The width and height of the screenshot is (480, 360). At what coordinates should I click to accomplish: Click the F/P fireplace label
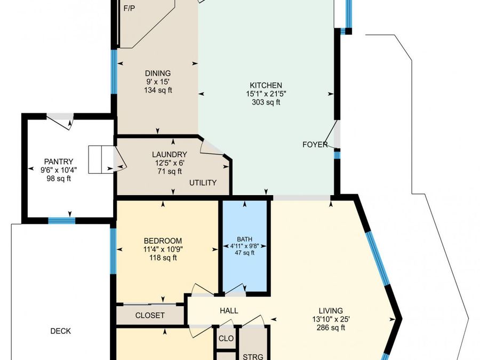click(x=129, y=8)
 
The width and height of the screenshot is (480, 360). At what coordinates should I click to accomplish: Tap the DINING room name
click(x=158, y=74)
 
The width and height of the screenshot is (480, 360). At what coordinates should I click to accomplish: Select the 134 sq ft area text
click(x=158, y=90)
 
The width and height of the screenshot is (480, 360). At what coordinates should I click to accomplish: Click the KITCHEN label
click(x=266, y=85)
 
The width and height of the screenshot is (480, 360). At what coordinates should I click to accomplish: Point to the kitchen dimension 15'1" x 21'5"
click(x=266, y=94)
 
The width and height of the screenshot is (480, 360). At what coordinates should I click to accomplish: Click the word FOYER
click(x=315, y=145)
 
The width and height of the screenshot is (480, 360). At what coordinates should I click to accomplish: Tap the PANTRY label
click(x=59, y=162)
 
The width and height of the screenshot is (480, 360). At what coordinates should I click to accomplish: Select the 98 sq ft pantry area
click(x=59, y=179)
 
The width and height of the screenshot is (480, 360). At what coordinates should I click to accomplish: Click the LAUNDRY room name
click(x=170, y=155)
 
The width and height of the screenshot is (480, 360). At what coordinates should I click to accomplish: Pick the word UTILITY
click(x=203, y=183)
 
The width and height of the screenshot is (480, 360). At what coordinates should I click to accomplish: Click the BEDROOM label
click(x=163, y=241)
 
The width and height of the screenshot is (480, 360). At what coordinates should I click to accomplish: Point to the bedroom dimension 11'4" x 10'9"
click(x=163, y=250)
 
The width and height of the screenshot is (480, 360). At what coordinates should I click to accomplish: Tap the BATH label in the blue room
click(x=245, y=239)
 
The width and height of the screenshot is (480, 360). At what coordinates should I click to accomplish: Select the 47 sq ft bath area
click(x=245, y=253)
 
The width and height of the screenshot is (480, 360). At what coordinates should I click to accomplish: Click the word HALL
click(x=229, y=311)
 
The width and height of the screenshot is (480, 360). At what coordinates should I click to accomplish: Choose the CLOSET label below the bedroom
click(x=150, y=315)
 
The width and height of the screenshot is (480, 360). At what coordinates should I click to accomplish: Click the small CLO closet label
click(x=226, y=339)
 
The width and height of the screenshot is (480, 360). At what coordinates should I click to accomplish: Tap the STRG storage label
click(x=253, y=357)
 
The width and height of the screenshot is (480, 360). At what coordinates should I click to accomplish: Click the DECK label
click(x=61, y=331)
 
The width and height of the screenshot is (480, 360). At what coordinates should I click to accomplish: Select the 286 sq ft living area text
click(x=331, y=328)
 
